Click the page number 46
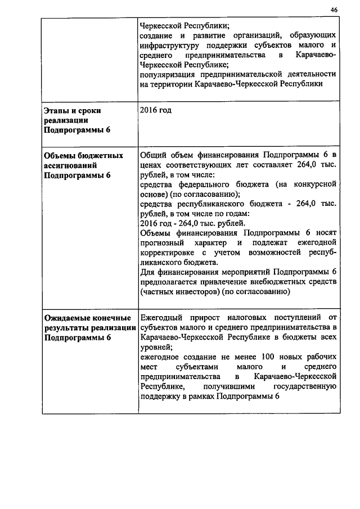pos(334,10)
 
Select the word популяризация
pos(166,74)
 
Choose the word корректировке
pos(167,253)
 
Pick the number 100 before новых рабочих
pos(260,357)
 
